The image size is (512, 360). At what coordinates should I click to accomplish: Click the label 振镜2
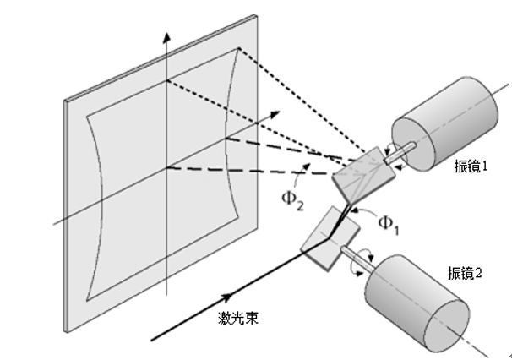tap(466, 274)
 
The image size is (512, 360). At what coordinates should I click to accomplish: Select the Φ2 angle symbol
tap(293, 202)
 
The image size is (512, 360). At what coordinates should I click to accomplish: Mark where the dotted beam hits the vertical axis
tap(169, 80)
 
